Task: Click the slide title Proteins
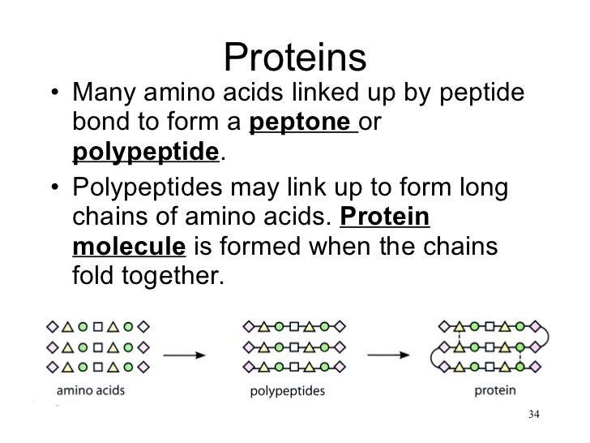295,57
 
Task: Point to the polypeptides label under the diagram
286,391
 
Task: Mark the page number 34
532,416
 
